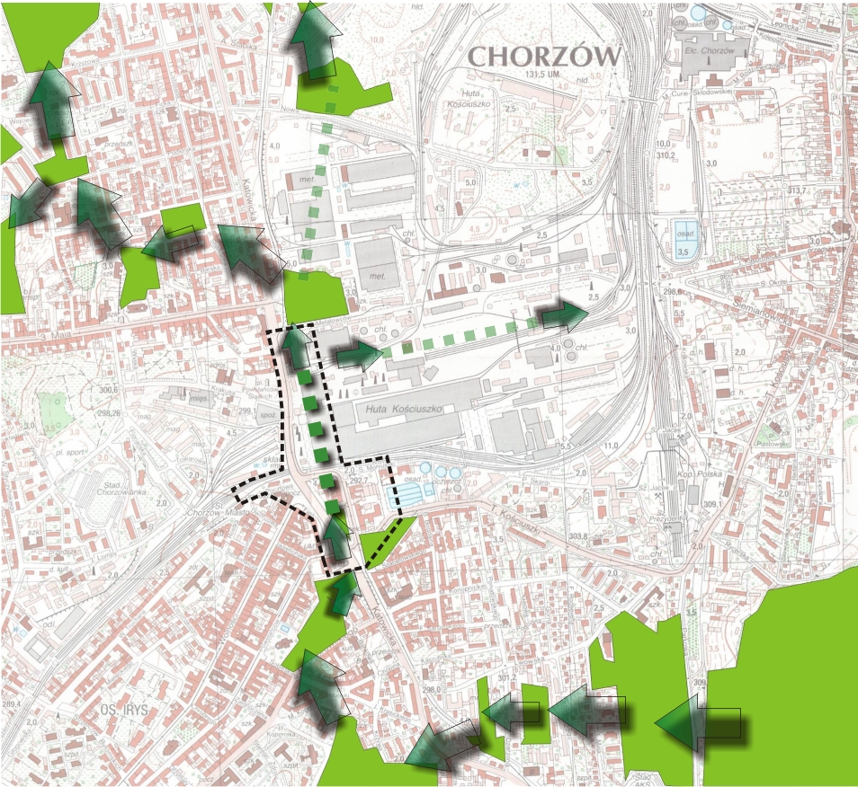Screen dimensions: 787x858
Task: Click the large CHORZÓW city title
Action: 544,56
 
